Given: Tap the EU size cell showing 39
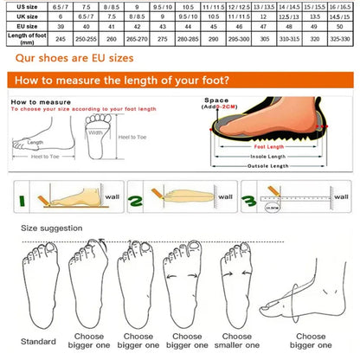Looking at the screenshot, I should [61, 27].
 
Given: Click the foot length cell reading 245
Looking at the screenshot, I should [61, 39].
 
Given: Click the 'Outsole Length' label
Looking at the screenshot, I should [267, 166].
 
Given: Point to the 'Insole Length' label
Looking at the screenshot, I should [268, 156].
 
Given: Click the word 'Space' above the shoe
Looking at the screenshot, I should [216, 100].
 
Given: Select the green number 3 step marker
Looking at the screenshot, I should [248, 202].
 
